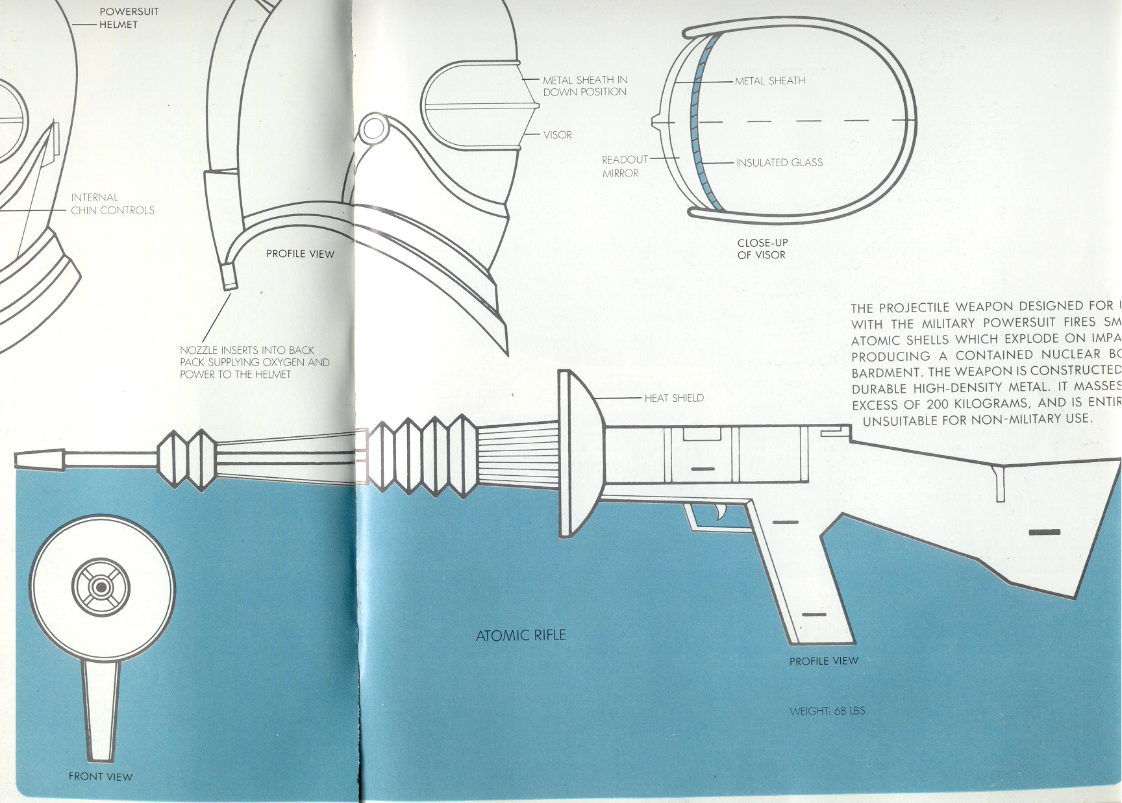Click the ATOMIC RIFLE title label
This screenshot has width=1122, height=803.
(x=521, y=635)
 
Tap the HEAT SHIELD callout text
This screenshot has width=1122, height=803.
(x=673, y=398)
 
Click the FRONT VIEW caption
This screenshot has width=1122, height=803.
(x=101, y=776)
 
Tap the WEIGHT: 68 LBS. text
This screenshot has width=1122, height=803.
(x=828, y=711)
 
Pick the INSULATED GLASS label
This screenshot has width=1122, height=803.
(x=779, y=162)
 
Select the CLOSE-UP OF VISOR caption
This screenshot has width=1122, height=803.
(x=762, y=249)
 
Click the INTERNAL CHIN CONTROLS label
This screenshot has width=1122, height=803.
(x=112, y=204)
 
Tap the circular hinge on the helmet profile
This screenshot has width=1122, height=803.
(x=373, y=129)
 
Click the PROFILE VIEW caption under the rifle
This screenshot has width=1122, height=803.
(x=823, y=661)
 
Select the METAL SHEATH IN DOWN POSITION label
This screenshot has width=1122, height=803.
(x=584, y=86)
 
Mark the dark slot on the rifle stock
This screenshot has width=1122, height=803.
(x=1044, y=532)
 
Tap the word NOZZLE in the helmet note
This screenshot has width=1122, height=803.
(x=199, y=350)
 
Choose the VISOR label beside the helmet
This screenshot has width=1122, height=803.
(x=557, y=135)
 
